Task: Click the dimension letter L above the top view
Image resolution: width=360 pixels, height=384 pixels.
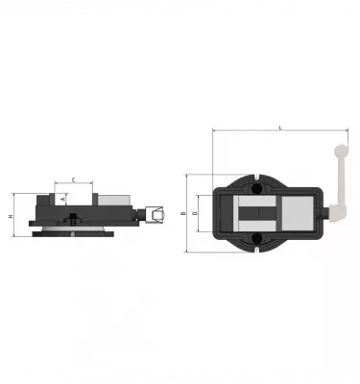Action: coord(278,126)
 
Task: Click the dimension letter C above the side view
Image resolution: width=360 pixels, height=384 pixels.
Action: coord(74,179)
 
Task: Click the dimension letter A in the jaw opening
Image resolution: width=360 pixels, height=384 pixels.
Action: coord(63,198)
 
